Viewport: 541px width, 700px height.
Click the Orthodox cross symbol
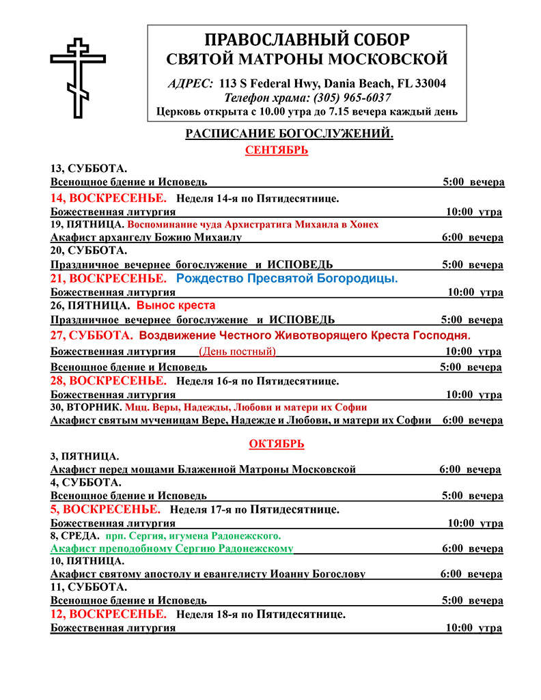[x=78, y=79]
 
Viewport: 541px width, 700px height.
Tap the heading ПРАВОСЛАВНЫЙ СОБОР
[x=307, y=39]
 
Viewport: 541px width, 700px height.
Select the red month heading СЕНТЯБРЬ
[x=276, y=150]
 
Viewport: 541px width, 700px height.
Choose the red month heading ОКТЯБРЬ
[x=276, y=444]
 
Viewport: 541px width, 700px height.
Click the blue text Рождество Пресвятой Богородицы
[x=287, y=279]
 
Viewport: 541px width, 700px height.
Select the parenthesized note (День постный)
[x=237, y=352]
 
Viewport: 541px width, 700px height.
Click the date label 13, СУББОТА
[x=89, y=169]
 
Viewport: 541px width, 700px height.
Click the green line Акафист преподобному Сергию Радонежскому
[x=171, y=548]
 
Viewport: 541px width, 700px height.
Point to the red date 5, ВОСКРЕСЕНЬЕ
[x=105, y=509]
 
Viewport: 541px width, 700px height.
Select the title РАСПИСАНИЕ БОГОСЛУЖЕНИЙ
[x=289, y=135]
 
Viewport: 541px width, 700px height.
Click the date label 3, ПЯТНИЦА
[x=85, y=456]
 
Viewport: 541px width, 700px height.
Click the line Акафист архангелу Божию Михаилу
[x=145, y=238]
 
